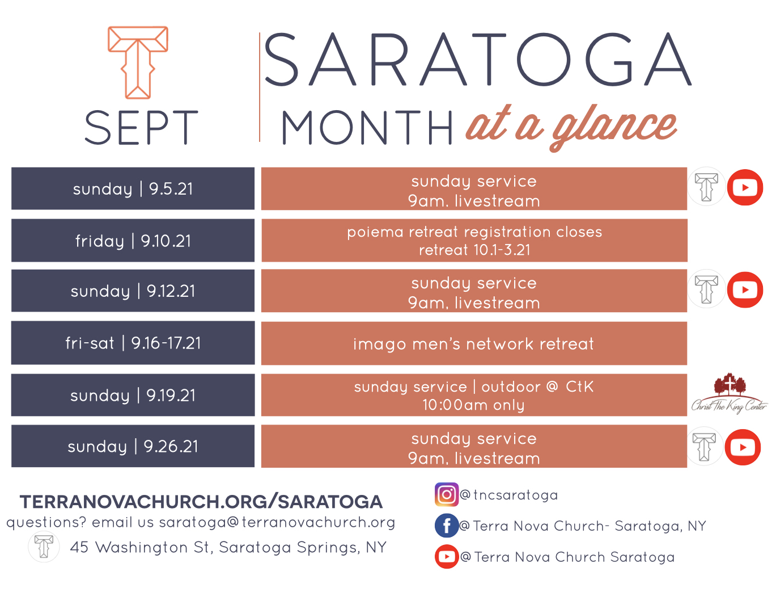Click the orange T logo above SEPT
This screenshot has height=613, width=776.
[138, 62]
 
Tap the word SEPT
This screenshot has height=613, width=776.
[141, 128]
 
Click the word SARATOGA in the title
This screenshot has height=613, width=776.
[477, 60]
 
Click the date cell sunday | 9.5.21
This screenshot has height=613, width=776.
[133, 188]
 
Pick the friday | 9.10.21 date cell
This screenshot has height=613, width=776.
[133, 241]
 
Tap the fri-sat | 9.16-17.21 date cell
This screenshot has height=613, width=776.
[133, 343]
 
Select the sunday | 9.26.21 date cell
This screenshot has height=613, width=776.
[133, 447]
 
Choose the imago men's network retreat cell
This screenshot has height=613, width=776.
[474, 344]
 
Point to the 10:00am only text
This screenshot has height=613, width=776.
[474, 405]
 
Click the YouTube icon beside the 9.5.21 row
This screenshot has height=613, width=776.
[745, 187]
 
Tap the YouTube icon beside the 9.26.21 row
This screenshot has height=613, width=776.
[743, 447]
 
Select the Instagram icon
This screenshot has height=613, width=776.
[446, 494]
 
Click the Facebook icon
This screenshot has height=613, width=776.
[447, 526]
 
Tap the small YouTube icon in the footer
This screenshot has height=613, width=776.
[447, 557]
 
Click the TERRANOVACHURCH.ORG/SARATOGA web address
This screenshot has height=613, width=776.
[201, 502]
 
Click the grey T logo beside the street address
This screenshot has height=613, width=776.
[44, 547]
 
